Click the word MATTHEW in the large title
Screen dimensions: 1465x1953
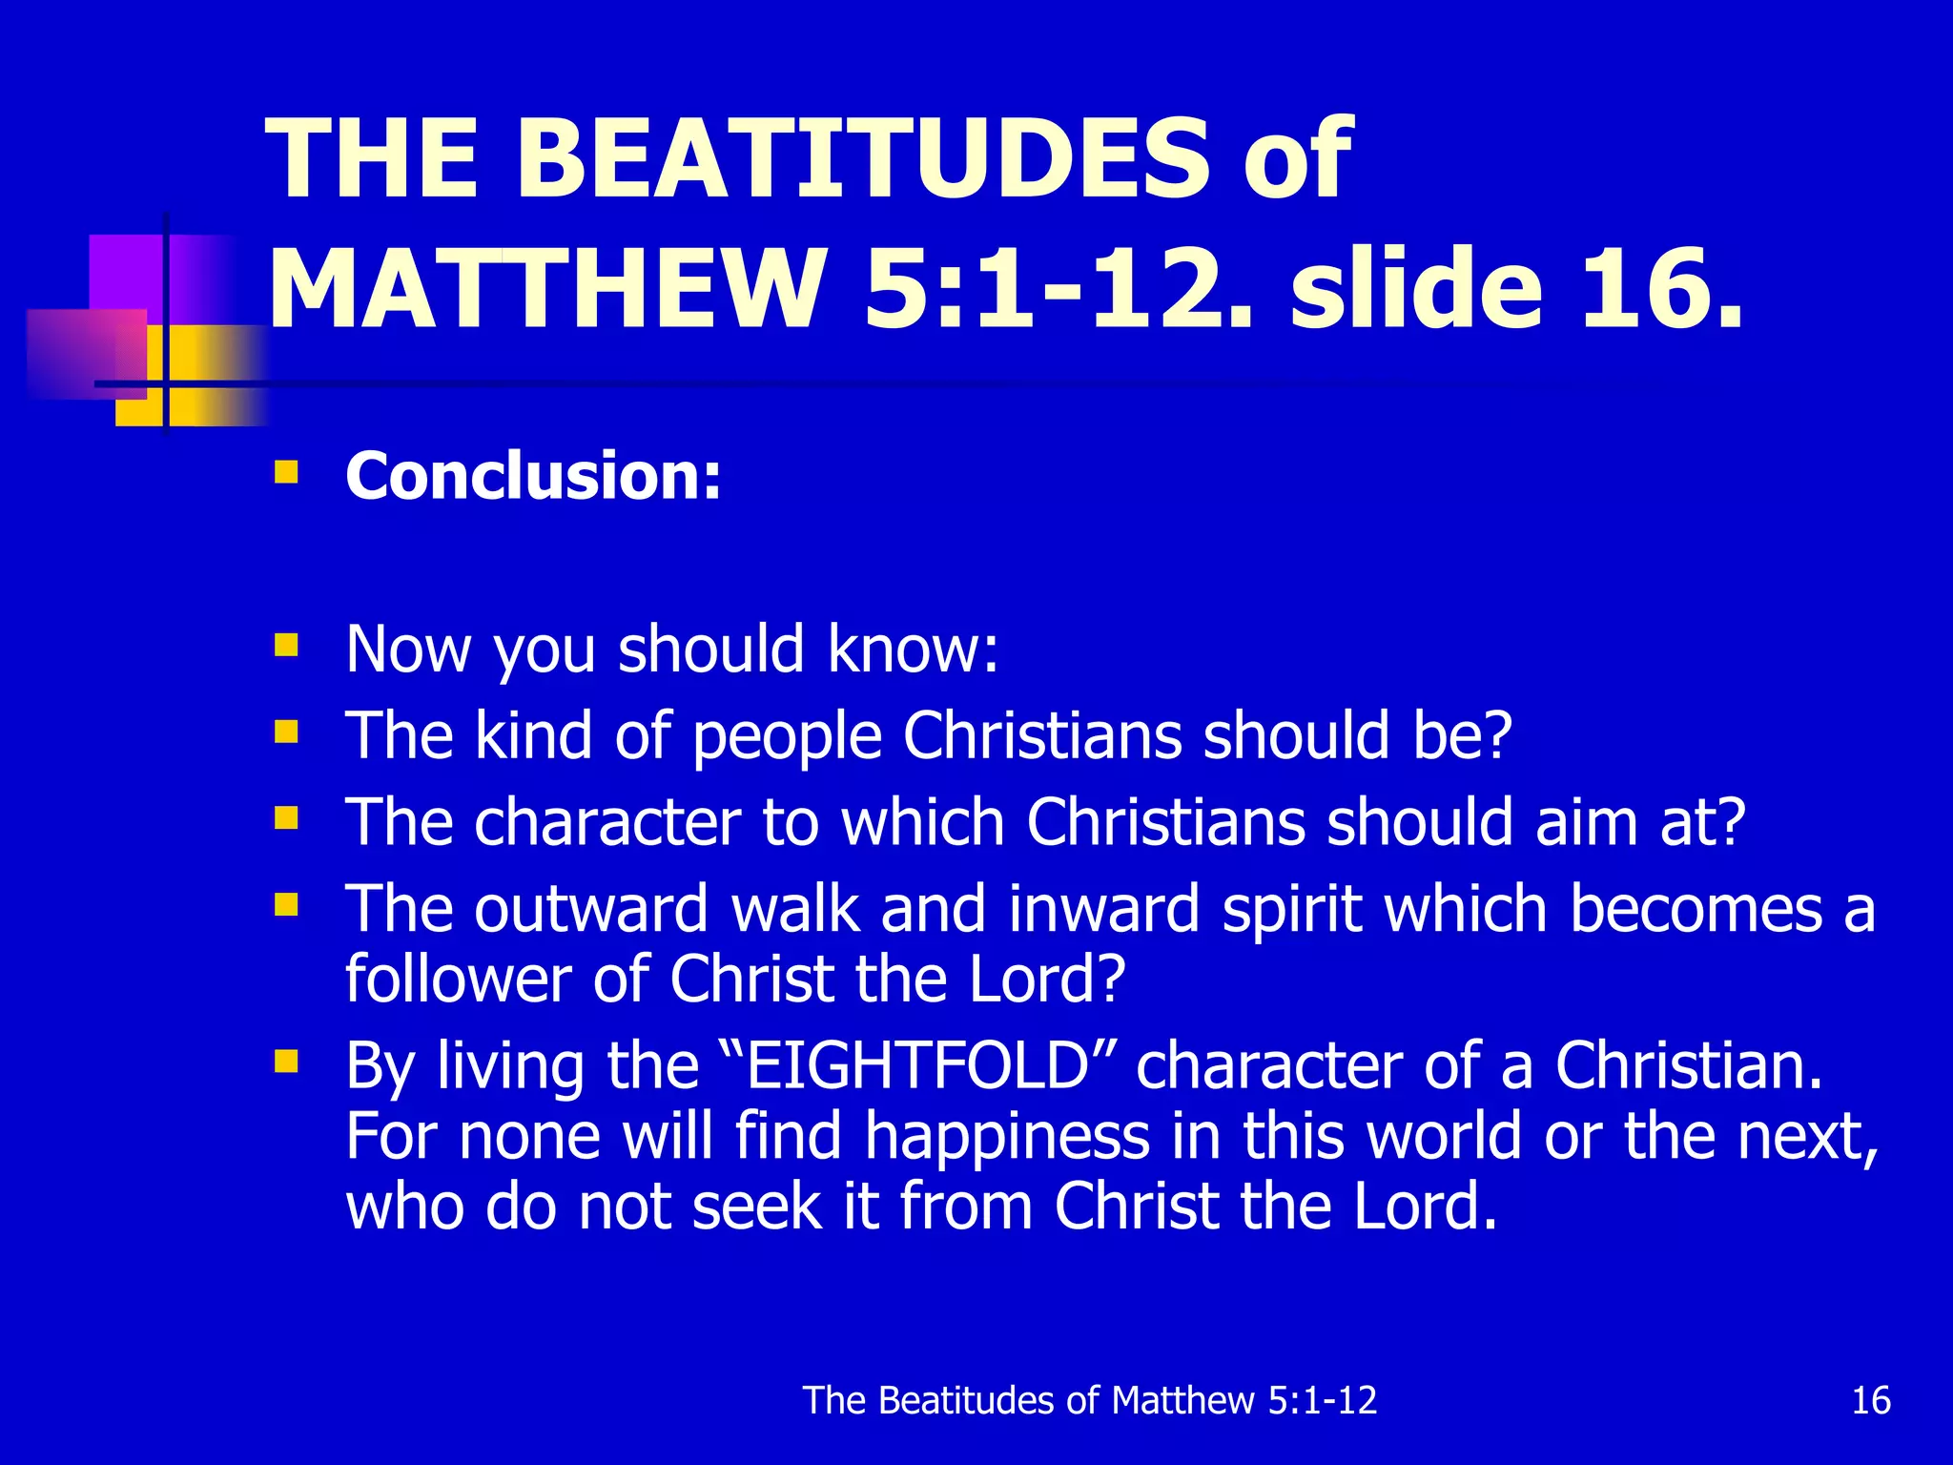point(547,289)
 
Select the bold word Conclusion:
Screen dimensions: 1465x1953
point(533,475)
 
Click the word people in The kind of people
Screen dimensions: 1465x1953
point(787,736)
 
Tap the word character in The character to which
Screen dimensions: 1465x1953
point(607,822)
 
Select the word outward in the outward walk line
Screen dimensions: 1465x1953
point(591,908)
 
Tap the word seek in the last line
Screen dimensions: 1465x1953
point(757,1207)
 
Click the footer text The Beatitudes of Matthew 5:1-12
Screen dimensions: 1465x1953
point(1090,1400)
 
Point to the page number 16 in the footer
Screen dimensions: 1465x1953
point(1870,1400)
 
